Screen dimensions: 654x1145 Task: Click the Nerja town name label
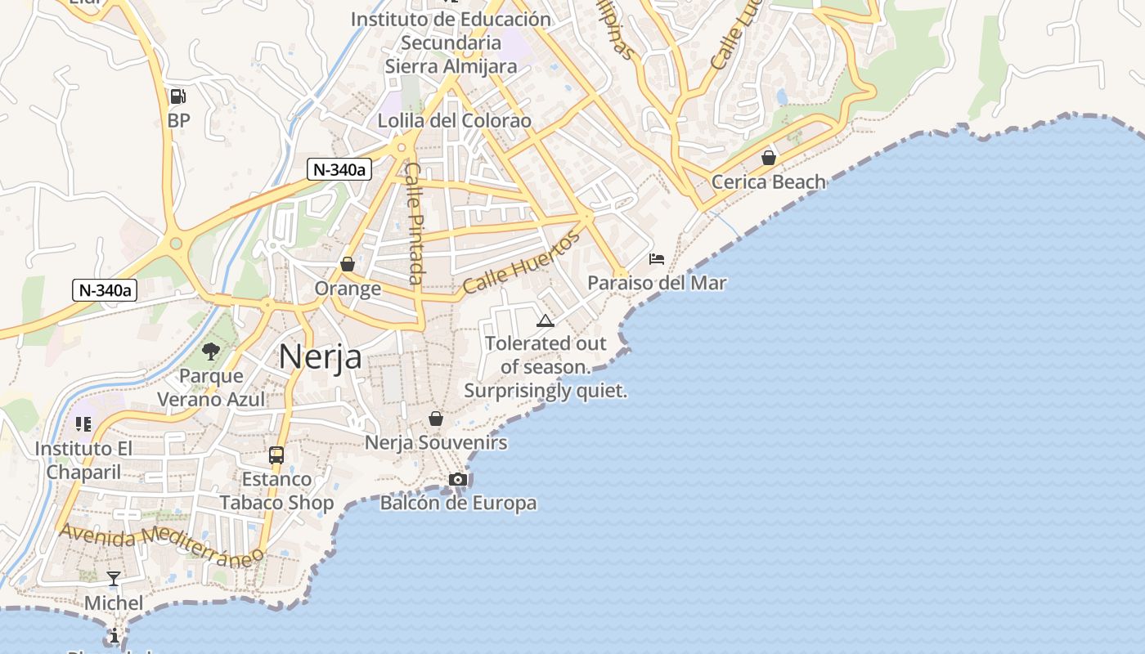[x=321, y=356]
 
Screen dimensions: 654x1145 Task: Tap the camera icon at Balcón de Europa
[x=458, y=479]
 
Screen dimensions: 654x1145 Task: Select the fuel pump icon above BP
[x=177, y=96]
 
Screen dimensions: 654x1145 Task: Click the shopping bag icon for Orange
[x=348, y=264]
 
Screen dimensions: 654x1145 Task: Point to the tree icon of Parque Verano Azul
[x=211, y=352]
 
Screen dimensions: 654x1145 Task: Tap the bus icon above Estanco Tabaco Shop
[x=276, y=455]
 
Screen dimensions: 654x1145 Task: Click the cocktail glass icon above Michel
[x=114, y=579]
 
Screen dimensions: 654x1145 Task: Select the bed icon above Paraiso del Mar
[x=656, y=259]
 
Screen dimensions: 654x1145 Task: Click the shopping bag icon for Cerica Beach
[x=768, y=157]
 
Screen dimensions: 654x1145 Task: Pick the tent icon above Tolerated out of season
[x=546, y=320]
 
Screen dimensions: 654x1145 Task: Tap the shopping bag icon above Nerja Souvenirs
[x=436, y=419]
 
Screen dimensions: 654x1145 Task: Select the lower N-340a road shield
[x=104, y=290]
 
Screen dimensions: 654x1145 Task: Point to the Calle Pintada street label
[x=415, y=223]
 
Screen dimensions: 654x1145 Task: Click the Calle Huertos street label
[x=521, y=263]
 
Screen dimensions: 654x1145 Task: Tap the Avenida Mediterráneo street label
[x=162, y=544]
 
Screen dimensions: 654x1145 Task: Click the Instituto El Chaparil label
[x=83, y=460]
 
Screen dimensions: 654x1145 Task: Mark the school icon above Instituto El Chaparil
[x=83, y=423]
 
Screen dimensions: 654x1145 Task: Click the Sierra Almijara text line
[x=451, y=66]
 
